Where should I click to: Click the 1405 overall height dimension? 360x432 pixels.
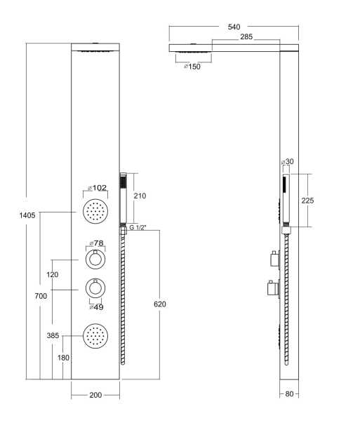click(27, 215)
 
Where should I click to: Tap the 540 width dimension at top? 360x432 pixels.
click(234, 27)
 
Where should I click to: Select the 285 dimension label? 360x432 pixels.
click(246, 36)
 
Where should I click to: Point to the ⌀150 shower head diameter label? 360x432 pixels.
click(192, 67)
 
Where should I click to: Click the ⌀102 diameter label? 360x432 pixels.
click(97, 188)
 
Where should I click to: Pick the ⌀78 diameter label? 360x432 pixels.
click(96, 243)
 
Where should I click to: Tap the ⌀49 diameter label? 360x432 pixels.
click(96, 307)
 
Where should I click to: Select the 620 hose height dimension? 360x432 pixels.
click(160, 304)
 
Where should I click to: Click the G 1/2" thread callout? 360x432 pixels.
click(138, 227)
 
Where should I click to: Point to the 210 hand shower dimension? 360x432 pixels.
click(140, 196)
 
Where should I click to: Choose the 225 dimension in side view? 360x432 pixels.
click(307, 201)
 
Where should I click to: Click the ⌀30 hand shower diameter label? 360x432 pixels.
click(288, 162)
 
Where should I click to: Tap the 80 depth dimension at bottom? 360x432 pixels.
click(289, 394)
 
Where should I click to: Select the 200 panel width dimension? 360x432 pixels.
click(95, 395)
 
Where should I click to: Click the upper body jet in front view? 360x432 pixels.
click(95, 212)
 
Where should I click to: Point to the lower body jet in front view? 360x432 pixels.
click(95, 336)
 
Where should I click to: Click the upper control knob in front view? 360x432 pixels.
click(95, 259)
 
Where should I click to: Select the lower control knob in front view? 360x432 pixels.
click(95, 288)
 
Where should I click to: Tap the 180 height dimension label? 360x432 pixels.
click(63, 358)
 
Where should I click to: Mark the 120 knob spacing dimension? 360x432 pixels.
click(53, 275)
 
